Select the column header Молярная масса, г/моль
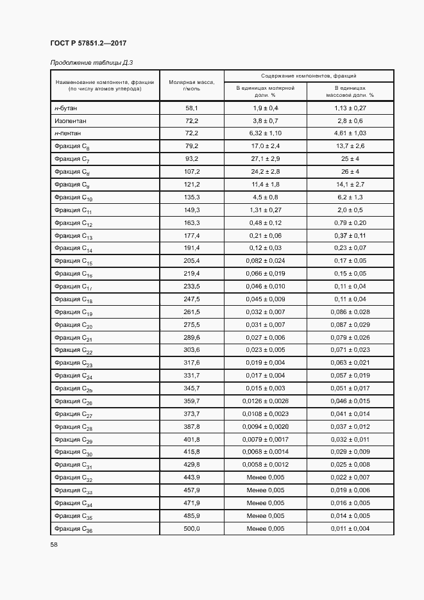point(192,85)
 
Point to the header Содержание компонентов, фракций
point(309,76)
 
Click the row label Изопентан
point(71,121)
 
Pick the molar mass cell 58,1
point(192,108)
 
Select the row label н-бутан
point(65,108)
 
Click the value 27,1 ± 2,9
point(266,159)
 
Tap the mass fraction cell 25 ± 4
point(350,159)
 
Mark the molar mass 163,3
point(192,222)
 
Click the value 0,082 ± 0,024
point(266,261)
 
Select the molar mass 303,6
point(192,350)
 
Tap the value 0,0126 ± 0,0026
point(266,401)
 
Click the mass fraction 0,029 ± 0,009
point(350,452)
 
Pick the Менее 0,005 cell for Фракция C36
point(266,528)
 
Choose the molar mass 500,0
point(192,528)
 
